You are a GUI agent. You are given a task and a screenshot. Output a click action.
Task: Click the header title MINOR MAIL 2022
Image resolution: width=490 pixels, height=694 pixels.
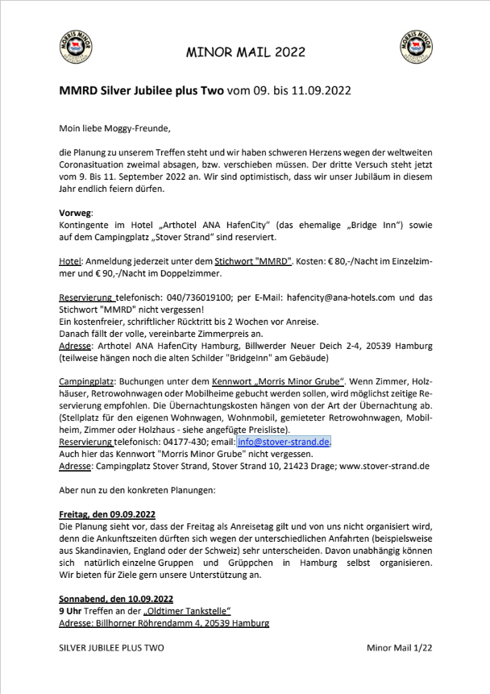tap(246, 52)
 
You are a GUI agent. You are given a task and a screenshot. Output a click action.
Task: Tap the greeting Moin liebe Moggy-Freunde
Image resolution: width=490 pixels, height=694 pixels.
tap(115, 127)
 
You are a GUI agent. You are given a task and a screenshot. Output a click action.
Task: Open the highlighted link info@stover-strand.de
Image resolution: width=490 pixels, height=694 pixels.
tap(284, 443)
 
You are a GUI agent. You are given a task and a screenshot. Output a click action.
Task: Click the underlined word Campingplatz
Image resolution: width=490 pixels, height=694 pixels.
tap(86, 379)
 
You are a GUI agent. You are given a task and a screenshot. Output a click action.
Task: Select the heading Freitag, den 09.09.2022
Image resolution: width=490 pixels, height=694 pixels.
tap(107, 513)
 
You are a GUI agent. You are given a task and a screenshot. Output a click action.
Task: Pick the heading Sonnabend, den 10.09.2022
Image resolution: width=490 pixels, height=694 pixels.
tap(116, 599)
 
